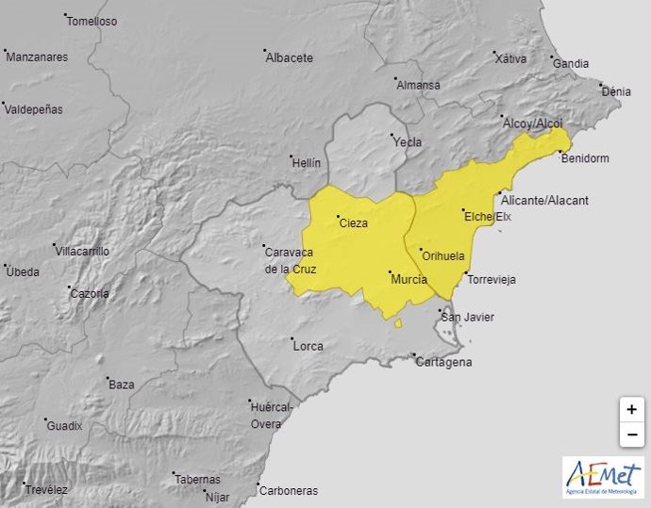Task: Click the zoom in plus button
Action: tap(631, 410)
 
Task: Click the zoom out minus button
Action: tap(631, 434)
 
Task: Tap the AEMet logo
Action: tap(603, 477)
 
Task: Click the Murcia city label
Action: tap(409, 280)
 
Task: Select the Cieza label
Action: tap(353, 223)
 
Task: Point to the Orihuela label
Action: tap(443, 255)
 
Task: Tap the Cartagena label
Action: tap(445, 362)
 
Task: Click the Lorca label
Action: tap(309, 346)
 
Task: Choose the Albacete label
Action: tap(290, 57)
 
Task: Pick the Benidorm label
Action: tap(585, 158)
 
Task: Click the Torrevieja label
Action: tap(492, 279)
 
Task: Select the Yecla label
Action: tap(407, 142)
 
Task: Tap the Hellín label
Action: tap(307, 162)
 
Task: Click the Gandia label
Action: tap(571, 64)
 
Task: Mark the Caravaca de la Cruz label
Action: tap(291, 260)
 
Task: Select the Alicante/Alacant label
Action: tap(544, 201)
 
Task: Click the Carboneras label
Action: tap(290, 490)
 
